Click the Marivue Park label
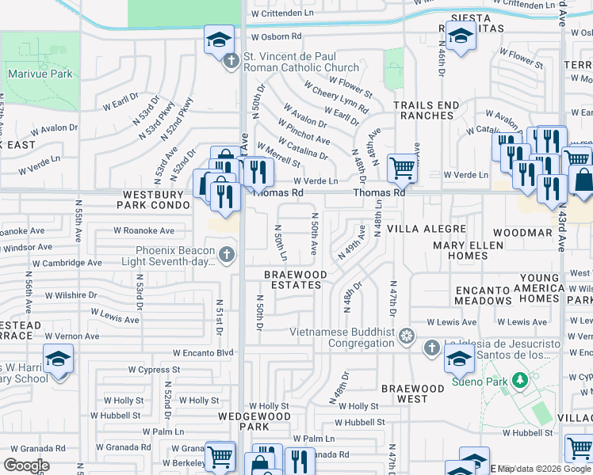pos(40,74)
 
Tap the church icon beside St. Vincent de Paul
pos(231,62)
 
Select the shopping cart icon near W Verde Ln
pos(403,168)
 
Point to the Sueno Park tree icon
pos(520,381)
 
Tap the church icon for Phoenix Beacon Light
pos(227,255)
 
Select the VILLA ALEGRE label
pos(424,227)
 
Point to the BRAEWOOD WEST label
pos(412,393)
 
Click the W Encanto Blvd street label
pos(204,353)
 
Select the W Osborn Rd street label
pos(276,36)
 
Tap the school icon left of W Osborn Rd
pos(219,40)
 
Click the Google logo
pos(26,465)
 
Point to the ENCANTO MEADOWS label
pos(483,295)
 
